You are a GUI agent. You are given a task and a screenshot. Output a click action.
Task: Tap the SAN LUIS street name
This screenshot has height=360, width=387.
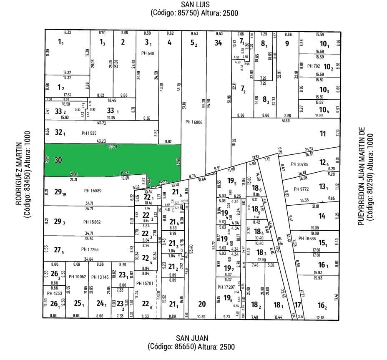pos(194,5)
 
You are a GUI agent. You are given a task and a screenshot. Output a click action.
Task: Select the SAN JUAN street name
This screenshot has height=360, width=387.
pos(191,338)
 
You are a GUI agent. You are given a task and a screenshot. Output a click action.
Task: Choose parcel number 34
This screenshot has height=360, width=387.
pos(218,42)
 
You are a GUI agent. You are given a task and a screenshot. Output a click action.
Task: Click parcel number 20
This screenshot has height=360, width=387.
pos(202,304)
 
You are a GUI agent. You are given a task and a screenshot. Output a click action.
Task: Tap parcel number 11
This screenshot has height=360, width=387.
pos(322,133)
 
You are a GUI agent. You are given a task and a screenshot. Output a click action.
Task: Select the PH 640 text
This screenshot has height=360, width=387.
pos(148,53)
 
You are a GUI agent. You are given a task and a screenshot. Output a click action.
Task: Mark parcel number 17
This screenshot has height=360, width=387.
pos(297,305)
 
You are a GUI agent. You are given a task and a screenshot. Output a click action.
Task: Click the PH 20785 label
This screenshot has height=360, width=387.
pos(299,164)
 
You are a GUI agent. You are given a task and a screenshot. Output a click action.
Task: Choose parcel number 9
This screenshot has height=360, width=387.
pos(287,43)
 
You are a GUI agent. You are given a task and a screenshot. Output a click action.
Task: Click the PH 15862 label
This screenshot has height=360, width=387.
pos(92,222)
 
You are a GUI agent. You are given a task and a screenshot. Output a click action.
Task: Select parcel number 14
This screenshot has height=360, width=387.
pos(322,216)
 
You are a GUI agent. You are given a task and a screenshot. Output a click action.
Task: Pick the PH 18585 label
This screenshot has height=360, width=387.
pos(307,239)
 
